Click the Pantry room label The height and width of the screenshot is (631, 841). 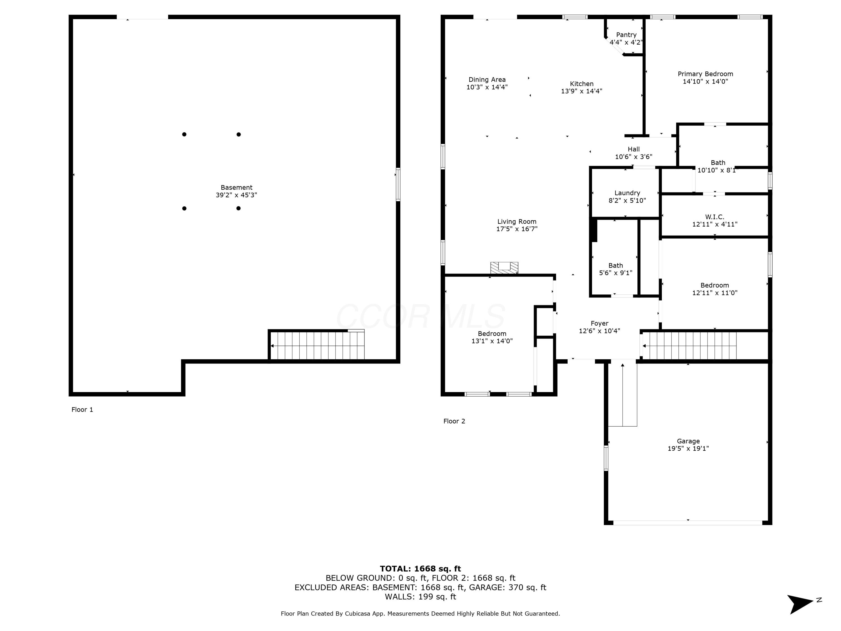(626, 34)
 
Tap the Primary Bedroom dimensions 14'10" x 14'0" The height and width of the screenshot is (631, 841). (705, 81)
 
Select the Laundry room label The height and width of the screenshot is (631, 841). (627, 193)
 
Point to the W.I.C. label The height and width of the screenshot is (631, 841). (715, 217)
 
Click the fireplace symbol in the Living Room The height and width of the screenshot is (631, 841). (504, 268)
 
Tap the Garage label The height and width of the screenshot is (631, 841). (688, 441)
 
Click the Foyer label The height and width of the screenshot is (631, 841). (600, 323)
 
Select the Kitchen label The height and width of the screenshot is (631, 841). (582, 84)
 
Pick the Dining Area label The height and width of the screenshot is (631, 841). (487, 79)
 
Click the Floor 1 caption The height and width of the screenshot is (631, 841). (82, 410)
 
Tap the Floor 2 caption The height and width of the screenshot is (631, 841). (454, 421)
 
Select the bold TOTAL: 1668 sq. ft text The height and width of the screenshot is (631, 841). (420, 569)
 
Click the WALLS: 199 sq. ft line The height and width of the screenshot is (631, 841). (420, 597)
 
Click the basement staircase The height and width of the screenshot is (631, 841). (317, 345)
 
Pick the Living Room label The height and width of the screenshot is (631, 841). (517, 221)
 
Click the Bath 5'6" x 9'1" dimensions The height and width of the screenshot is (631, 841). (616, 273)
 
